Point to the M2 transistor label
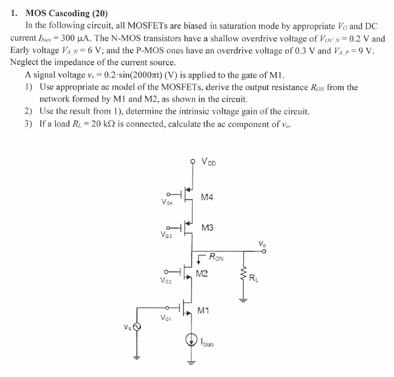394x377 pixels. coord(202,273)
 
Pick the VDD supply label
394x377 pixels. coord(209,162)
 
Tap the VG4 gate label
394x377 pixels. coord(168,202)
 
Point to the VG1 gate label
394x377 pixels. coord(166,318)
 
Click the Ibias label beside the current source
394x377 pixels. coord(208,343)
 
